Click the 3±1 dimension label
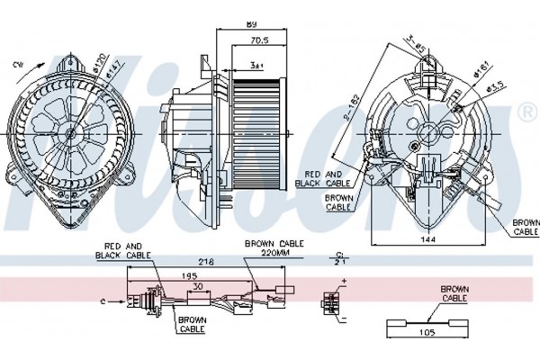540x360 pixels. tap(256, 65)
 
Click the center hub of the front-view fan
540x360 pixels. tap(70, 133)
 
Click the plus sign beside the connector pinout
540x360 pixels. tap(345, 282)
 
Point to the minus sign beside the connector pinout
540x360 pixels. tap(345, 317)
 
